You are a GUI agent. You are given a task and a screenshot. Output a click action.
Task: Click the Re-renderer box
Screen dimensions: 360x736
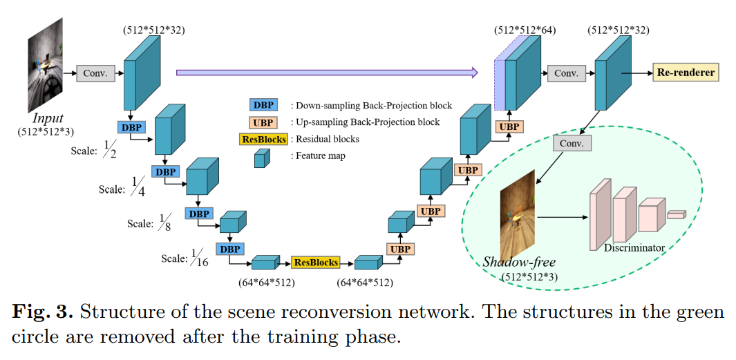[x=686, y=73]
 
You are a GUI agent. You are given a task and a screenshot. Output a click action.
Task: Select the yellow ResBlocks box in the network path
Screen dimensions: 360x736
[x=316, y=263]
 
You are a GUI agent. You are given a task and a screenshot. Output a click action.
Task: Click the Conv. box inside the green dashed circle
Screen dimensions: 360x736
[x=573, y=143]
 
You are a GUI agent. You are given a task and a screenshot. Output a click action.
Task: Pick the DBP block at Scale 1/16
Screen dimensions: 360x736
[x=230, y=249]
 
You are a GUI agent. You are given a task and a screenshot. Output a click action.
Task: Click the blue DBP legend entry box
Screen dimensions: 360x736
[x=263, y=106]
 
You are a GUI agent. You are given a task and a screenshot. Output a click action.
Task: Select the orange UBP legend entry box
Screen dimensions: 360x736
[x=263, y=122]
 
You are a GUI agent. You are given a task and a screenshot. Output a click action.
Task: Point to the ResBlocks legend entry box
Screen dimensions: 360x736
[x=263, y=139]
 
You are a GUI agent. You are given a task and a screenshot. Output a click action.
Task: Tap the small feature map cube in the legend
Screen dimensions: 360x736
[x=261, y=158]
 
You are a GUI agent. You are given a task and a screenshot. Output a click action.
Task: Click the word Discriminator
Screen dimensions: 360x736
[x=634, y=247]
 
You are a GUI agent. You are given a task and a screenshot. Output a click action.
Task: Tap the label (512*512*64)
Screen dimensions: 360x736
[x=525, y=30]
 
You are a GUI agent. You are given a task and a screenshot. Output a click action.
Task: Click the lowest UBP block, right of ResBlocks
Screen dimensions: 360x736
[x=399, y=249]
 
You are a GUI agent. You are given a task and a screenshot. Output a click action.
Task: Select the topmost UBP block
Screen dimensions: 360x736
[x=509, y=126]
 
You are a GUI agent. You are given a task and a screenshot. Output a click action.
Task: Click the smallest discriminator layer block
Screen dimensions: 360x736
[x=676, y=215]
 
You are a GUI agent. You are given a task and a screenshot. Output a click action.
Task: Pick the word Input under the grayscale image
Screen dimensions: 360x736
[x=48, y=119]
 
